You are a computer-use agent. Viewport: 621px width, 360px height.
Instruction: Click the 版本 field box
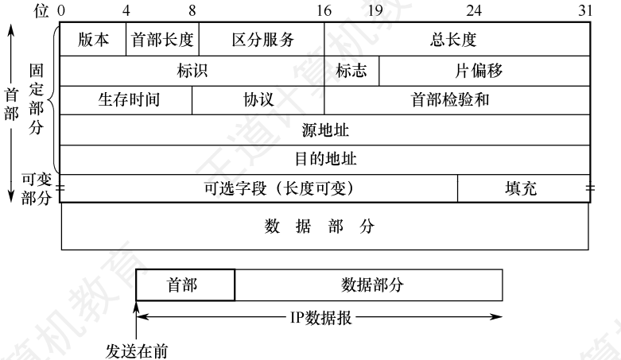point(93,39)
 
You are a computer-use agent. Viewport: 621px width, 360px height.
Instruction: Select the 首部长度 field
point(162,39)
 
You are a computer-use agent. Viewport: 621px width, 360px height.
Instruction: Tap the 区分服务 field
point(262,39)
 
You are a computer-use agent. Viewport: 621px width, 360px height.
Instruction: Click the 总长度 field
point(457,39)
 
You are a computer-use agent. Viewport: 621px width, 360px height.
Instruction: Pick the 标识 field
point(192,71)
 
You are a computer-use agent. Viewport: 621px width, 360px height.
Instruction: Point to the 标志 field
point(351,71)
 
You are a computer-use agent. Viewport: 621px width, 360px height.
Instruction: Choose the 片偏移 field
point(484,71)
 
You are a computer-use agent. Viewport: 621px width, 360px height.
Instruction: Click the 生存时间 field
point(126,100)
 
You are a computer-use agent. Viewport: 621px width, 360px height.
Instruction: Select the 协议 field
point(258,100)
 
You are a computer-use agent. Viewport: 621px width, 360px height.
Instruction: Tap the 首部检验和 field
point(457,100)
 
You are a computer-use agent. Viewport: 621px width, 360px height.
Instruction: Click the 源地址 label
point(325,130)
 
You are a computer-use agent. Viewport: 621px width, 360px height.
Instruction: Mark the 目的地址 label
point(325,159)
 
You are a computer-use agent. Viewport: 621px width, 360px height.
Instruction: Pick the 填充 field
point(523,188)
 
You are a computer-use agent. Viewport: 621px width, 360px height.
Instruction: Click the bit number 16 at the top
point(324,10)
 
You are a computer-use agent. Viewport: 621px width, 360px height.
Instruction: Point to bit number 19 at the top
point(375,10)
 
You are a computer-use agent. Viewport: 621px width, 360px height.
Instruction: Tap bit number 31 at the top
point(585,10)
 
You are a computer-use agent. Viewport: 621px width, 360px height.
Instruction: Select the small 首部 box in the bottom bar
point(185,285)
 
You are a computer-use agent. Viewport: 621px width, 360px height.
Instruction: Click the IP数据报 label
point(320,317)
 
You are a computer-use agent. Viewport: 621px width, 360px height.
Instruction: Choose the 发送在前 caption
point(137,351)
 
